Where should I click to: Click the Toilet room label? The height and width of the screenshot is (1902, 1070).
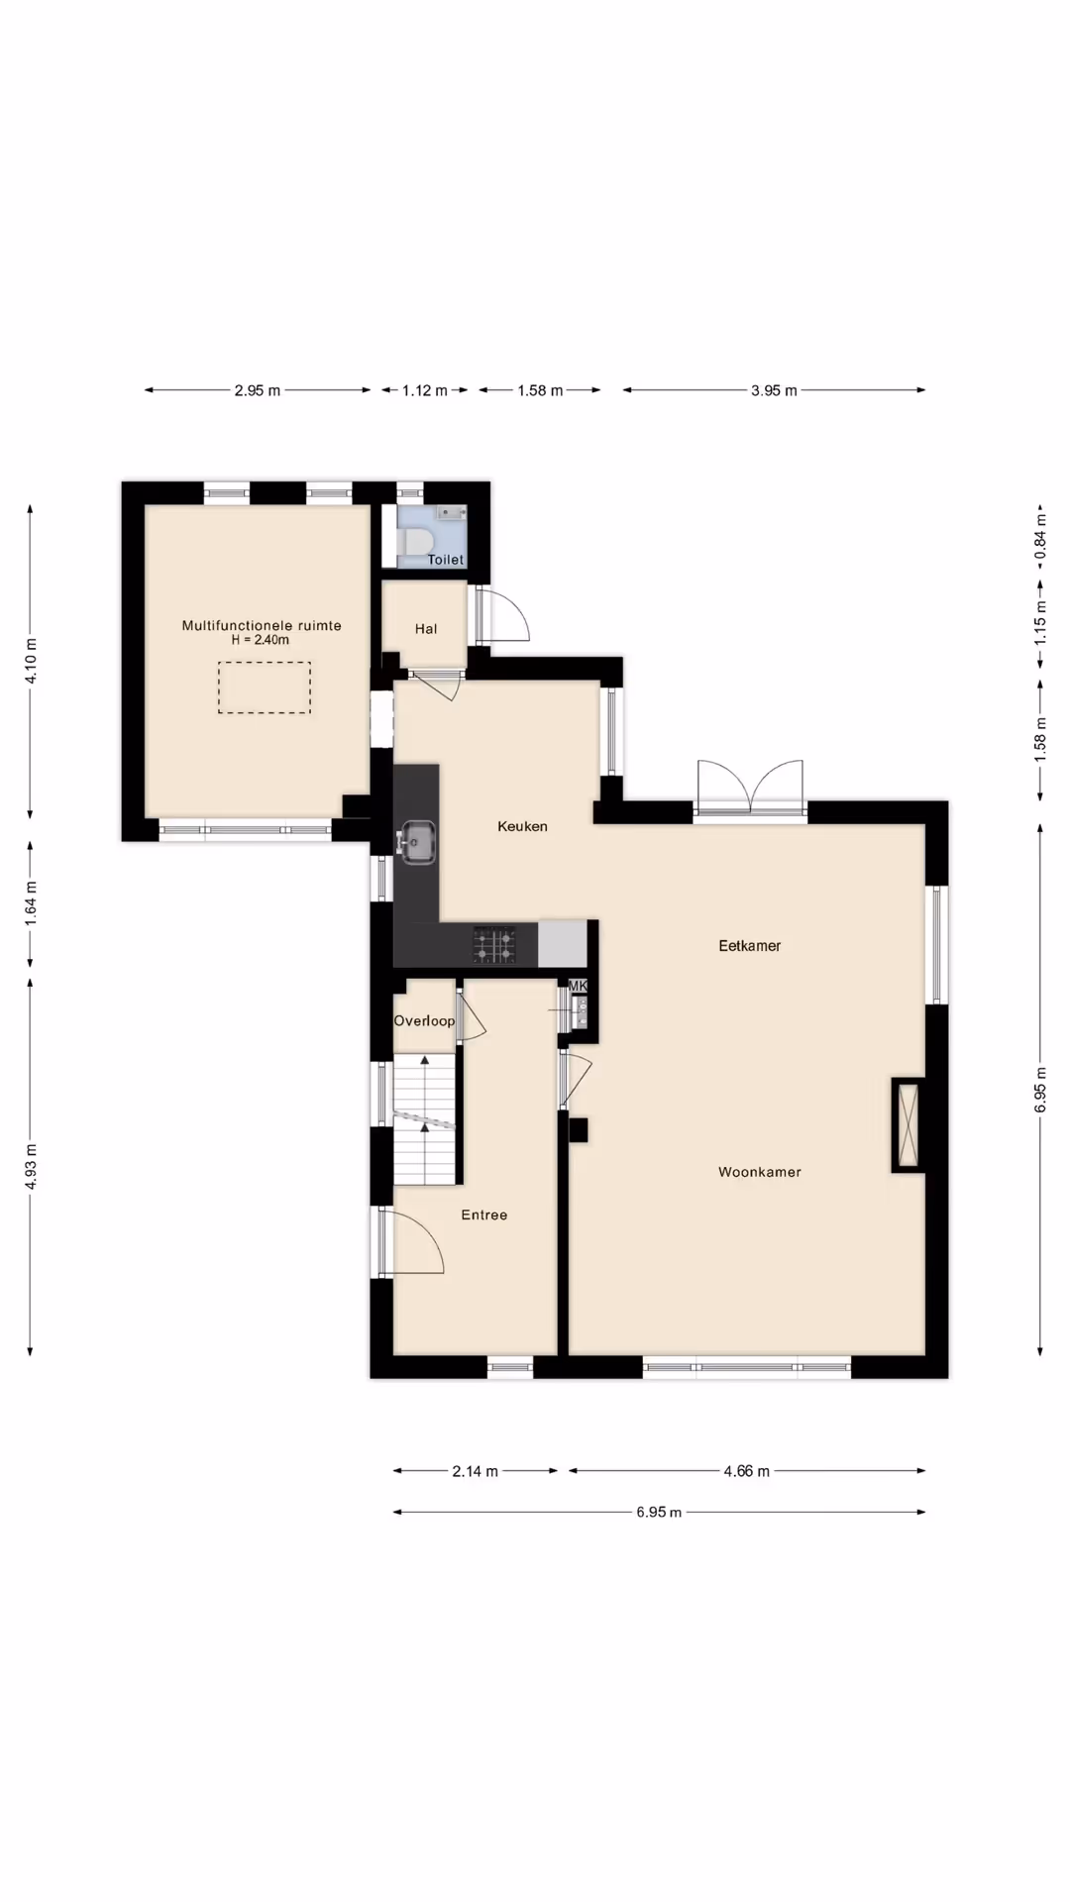pos(445,560)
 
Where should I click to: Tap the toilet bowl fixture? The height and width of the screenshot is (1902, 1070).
pos(416,542)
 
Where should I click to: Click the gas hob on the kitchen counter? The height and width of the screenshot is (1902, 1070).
pos(493,944)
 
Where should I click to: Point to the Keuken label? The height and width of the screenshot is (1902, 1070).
pos(522,826)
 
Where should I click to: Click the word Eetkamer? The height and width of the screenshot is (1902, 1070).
pos(750,946)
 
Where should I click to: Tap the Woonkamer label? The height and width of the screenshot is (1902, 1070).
pos(760,1172)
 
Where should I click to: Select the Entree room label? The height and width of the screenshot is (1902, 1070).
pos(484,1215)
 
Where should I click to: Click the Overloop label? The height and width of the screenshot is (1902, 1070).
pos(424,1021)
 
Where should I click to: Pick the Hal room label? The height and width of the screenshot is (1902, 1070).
pos(426,629)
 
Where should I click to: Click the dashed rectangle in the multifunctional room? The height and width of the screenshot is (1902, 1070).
pos(265,663)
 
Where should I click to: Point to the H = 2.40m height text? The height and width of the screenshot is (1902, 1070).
pos(261,640)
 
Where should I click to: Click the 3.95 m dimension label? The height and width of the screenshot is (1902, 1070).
pos(774,390)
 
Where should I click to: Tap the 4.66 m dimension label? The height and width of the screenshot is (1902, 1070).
pos(746,1471)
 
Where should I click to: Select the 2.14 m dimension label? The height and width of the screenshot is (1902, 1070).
pos(475,1471)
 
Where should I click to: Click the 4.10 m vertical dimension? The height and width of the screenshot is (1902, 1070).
pos(31,662)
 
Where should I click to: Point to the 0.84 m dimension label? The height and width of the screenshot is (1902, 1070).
pos(1040,536)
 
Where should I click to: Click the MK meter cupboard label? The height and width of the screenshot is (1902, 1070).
pos(578,987)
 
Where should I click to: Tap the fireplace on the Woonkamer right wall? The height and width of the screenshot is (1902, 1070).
pos(908,1125)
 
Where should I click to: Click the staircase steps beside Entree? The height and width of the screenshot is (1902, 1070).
pos(426,1119)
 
